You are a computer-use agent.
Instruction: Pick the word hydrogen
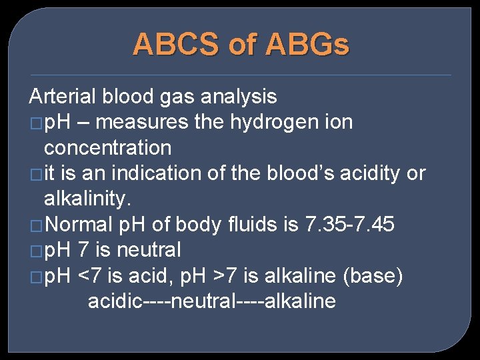(x=245, y=122)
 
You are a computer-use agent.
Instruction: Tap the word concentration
(x=107, y=147)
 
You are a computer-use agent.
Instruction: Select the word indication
(x=157, y=173)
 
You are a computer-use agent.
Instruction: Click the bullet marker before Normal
(x=35, y=225)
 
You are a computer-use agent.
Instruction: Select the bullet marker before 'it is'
(x=35, y=174)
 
